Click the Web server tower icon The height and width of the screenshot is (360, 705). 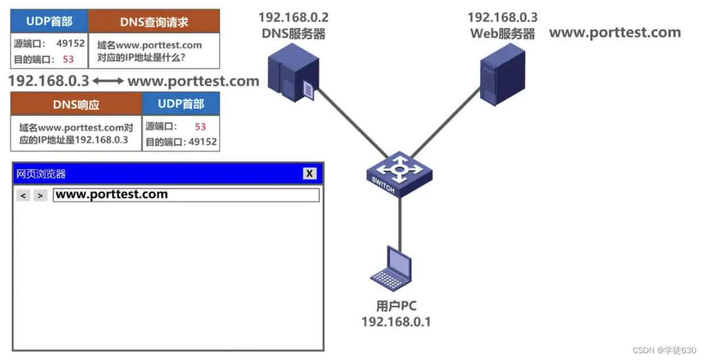point(502,74)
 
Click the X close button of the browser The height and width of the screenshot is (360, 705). point(309,174)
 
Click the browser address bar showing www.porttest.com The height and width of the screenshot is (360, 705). point(186,195)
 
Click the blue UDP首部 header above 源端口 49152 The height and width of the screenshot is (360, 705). point(49,22)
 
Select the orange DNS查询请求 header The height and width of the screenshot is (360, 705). point(154,22)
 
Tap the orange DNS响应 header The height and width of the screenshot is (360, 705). point(76,105)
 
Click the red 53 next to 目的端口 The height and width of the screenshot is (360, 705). point(68,59)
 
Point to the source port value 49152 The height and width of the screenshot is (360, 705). point(70,43)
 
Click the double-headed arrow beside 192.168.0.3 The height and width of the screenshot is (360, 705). point(108,81)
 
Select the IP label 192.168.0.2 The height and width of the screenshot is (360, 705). point(293,18)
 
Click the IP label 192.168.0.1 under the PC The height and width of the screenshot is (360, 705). point(396,322)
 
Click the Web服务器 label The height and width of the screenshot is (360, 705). point(502,34)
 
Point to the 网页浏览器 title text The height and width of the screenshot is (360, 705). point(41,174)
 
